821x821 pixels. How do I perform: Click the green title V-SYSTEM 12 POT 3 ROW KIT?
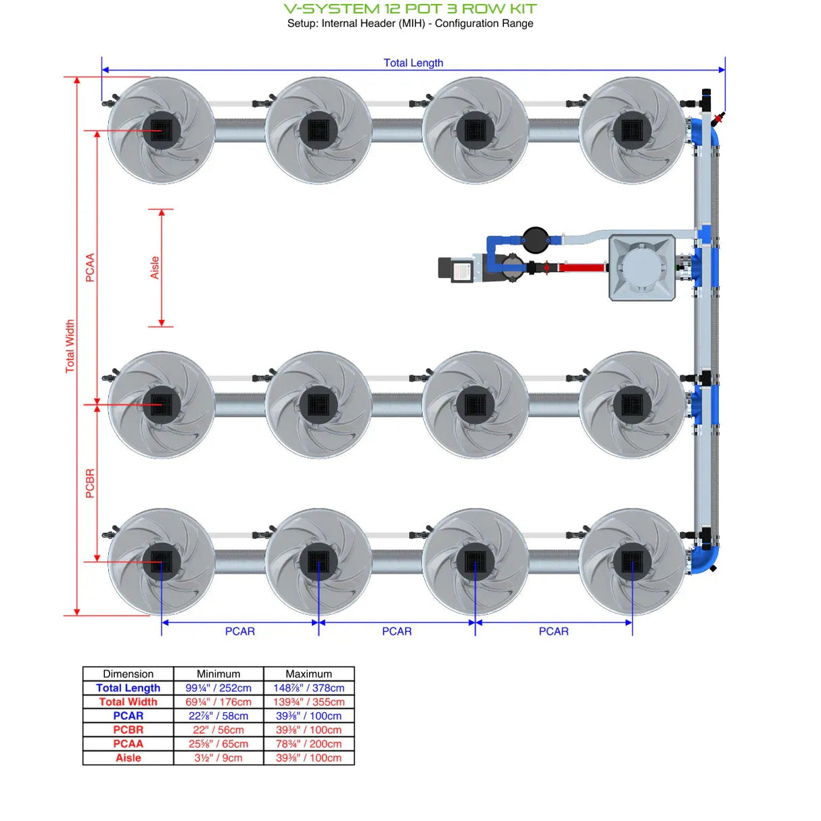click(410, 9)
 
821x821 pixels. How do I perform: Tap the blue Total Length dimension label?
click(413, 63)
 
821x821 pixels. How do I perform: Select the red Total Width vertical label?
click(70, 346)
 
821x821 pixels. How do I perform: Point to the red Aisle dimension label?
click(155, 268)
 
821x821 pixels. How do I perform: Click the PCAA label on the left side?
click(90, 268)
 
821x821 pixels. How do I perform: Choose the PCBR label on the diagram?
click(90, 484)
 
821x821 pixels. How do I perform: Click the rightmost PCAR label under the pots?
click(553, 631)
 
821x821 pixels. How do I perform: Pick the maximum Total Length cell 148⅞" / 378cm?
click(308, 688)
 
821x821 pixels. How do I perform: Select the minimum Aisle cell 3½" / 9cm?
click(218, 758)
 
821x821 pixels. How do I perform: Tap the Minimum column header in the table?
click(218, 674)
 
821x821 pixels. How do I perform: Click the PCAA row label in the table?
click(128, 744)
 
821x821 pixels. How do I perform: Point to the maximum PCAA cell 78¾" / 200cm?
click(308, 744)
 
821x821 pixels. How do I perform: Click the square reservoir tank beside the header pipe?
click(642, 267)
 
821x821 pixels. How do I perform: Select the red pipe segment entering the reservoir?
click(581, 268)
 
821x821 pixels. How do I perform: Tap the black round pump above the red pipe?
click(535, 239)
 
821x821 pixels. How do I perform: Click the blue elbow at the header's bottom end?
click(705, 559)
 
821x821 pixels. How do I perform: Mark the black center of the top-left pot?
click(161, 130)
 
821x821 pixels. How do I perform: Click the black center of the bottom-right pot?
click(632, 561)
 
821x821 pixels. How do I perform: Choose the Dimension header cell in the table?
click(128, 674)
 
